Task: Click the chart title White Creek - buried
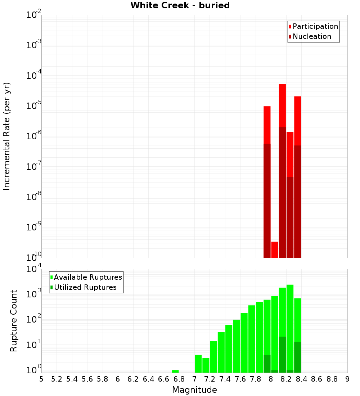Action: click(180, 5)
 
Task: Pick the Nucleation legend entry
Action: click(312, 36)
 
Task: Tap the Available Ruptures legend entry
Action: click(88, 277)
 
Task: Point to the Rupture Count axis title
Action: click(14, 321)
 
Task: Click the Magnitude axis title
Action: click(194, 390)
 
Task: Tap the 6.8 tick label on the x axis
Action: click(179, 379)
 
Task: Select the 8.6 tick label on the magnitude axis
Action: click(317, 379)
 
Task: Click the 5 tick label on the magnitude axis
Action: click(41, 379)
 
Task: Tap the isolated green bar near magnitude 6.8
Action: click(175, 371)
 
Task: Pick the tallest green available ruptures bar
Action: click(290, 328)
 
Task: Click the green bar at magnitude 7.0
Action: click(198, 364)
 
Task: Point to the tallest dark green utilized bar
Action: click(282, 354)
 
